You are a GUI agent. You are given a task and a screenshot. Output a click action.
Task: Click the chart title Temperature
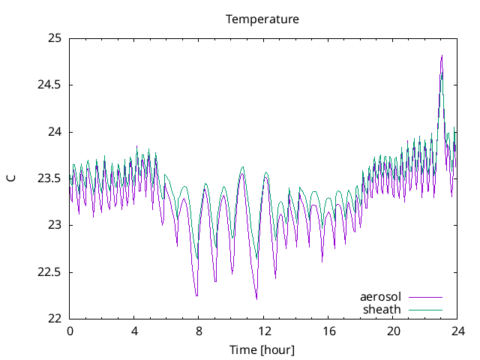pyautogui.click(x=262, y=19)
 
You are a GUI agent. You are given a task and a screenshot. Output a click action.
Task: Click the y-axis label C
pyautogui.click(x=11, y=178)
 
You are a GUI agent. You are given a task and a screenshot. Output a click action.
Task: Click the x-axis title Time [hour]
pyautogui.click(x=262, y=349)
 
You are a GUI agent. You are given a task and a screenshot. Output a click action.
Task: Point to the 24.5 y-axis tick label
pyautogui.click(x=49, y=85)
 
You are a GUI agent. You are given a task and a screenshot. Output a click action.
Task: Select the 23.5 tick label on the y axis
pyautogui.click(x=49, y=178)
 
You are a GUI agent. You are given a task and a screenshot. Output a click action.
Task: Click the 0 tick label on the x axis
pyautogui.click(x=70, y=331)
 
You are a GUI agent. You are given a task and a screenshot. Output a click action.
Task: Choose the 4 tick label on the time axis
pyautogui.click(x=134, y=331)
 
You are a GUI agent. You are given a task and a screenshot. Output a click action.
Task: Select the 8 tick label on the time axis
pyautogui.click(x=199, y=331)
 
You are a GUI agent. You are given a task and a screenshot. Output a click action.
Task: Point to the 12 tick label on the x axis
pyautogui.click(x=263, y=331)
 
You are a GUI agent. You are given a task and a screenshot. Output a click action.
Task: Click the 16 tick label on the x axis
pyautogui.click(x=328, y=331)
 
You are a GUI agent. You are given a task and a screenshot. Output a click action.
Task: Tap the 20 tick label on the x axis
pyautogui.click(x=393, y=331)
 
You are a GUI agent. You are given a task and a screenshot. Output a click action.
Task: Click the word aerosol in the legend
pyautogui.click(x=380, y=297)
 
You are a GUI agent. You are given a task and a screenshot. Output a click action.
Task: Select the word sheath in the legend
pyautogui.click(x=382, y=309)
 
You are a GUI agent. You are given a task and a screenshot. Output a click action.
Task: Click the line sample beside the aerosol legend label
pyautogui.click(x=425, y=297)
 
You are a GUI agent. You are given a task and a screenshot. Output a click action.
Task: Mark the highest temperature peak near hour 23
pyautogui.click(x=442, y=55)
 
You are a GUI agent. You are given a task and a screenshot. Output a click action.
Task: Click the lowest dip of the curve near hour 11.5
pyautogui.click(x=256, y=298)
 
